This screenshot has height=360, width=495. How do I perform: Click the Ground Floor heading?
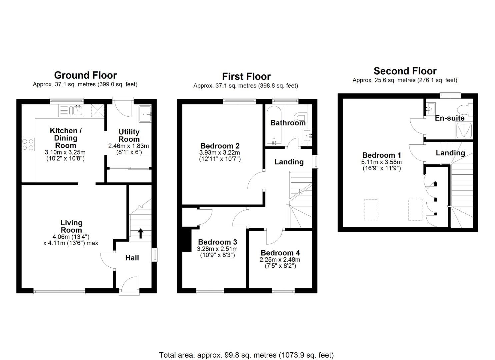pos(85,75)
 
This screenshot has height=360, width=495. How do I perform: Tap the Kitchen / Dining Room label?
pos(66,138)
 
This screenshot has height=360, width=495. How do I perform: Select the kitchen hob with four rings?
pos(28,145)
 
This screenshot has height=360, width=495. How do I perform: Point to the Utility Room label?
pos(129,135)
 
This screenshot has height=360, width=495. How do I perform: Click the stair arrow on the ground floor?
pos(141,233)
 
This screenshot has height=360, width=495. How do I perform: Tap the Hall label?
pos(132,258)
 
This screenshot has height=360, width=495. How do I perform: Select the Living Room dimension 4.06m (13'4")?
pos(71,237)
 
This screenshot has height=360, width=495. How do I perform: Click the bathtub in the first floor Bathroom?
pos(274,125)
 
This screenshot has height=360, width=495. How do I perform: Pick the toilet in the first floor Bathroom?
pos(301,117)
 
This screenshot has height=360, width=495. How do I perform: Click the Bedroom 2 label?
pos(220,146)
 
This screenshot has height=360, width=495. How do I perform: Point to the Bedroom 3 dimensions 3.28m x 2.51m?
pos(217,249)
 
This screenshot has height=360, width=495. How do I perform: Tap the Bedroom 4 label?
pos(280,253)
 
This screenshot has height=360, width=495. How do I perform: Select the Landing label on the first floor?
pos(289,162)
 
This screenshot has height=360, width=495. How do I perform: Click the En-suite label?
pos(449,118)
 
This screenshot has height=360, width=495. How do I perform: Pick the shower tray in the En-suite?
pos(463,131)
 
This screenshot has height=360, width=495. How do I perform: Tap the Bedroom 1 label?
pos(381,155)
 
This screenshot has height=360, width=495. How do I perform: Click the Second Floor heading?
pos(405,71)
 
